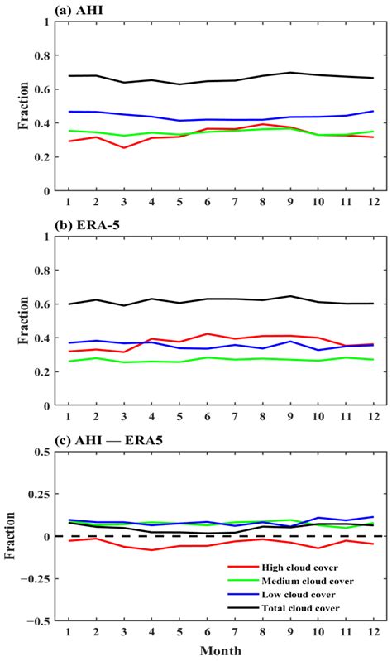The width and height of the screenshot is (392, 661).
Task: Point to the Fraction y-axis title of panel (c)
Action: (11, 536)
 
